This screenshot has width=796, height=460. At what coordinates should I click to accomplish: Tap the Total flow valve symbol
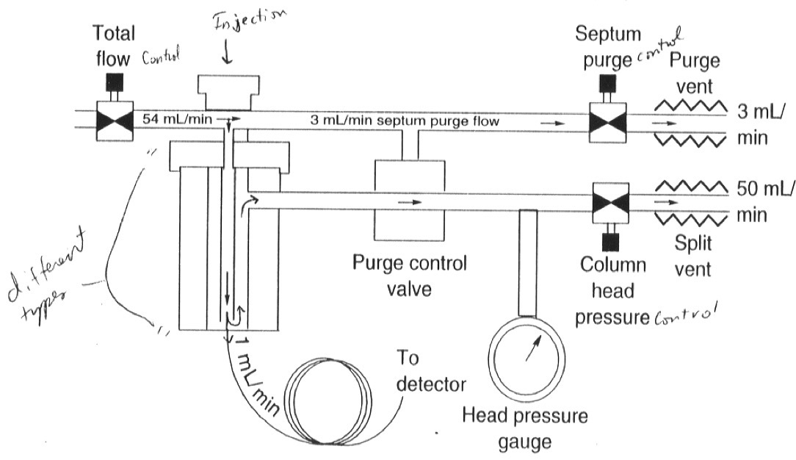[113, 120]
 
